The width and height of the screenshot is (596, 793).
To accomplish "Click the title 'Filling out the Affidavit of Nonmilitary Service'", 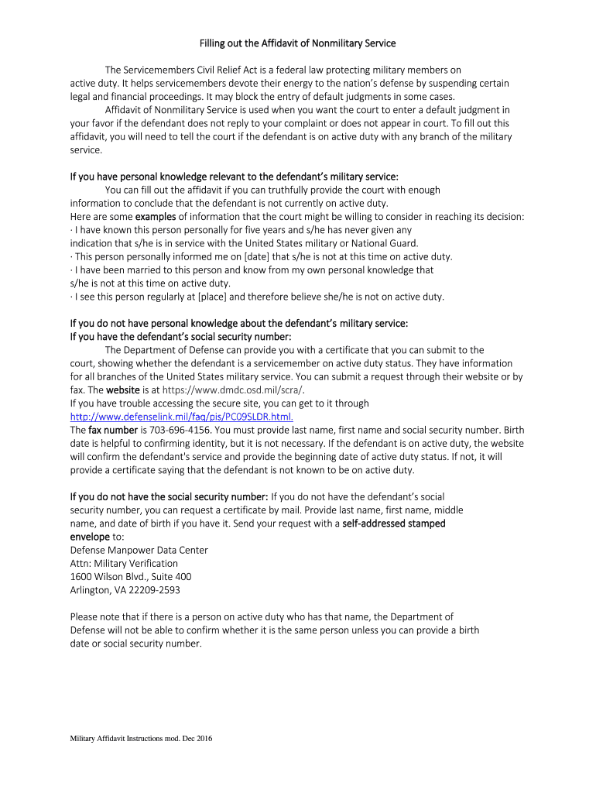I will click(298, 43).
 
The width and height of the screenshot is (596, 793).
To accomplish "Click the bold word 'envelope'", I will click(90, 537).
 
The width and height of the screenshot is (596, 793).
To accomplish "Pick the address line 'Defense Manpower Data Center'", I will click(139, 550).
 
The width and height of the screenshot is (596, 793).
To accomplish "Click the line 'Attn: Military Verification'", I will click(124, 563).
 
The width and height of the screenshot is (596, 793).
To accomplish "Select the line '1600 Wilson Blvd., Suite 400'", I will click(130, 577).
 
